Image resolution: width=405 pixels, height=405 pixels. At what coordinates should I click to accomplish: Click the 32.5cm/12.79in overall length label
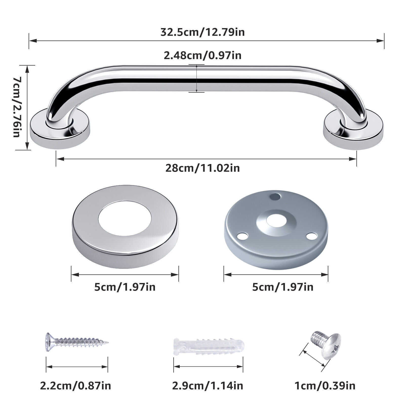click(x=202, y=32)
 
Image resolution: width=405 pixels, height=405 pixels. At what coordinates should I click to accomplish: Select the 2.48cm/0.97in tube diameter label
click(x=202, y=55)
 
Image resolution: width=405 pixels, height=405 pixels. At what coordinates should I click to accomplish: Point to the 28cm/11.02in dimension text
click(x=202, y=168)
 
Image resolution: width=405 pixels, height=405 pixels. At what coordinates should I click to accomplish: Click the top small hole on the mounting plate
click(x=274, y=196)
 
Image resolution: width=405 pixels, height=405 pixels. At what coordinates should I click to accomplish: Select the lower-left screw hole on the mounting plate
click(x=242, y=236)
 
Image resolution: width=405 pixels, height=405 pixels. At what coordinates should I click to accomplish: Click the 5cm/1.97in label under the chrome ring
click(x=125, y=287)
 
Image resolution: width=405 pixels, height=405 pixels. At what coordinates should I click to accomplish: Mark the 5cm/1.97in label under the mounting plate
click(x=283, y=287)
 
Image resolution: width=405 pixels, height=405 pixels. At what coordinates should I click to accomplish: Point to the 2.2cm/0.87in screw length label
click(x=75, y=386)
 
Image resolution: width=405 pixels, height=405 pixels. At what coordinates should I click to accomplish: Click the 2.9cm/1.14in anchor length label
click(x=208, y=386)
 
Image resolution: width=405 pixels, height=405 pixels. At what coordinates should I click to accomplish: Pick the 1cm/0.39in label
click(x=325, y=386)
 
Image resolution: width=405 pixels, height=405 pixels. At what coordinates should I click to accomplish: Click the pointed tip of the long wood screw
click(x=108, y=342)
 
